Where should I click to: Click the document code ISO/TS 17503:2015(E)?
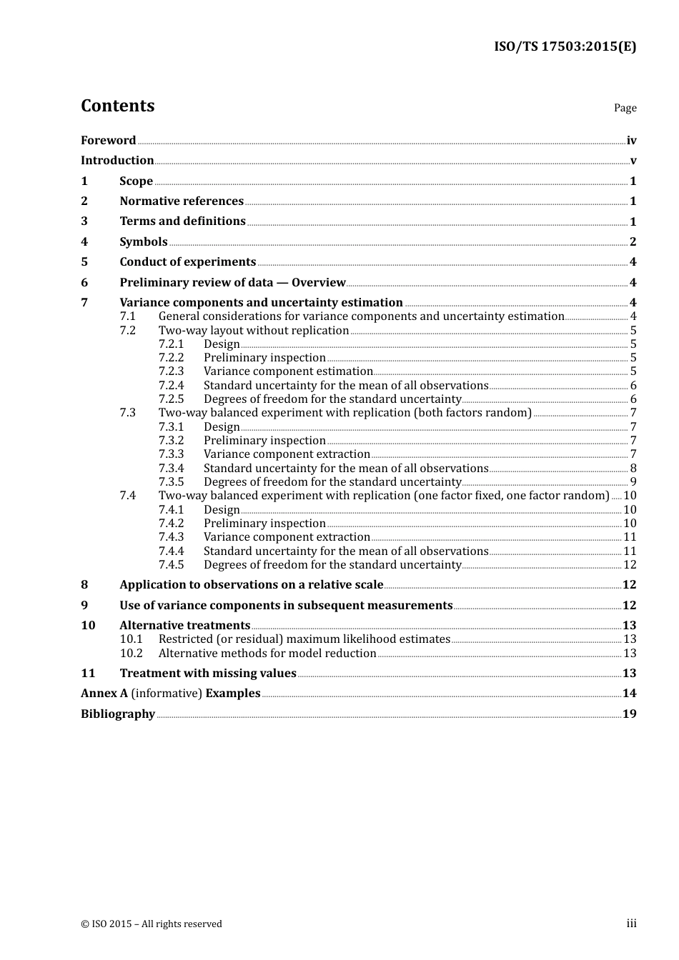tap(565, 46)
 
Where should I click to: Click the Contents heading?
tap(117, 106)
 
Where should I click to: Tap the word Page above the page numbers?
tap(625, 108)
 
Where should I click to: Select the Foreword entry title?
tap(108, 140)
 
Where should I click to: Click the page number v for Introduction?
tap(633, 161)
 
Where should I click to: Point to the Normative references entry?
tap(182, 201)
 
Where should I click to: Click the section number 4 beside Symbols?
tap(84, 241)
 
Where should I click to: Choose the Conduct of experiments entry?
tap(187, 262)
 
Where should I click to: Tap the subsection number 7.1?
tap(127, 316)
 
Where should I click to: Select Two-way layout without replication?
tap(254, 331)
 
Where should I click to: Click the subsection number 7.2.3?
tap(171, 371)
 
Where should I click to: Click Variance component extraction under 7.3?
tap(287, 454)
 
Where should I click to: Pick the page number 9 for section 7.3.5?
tap(633, 482)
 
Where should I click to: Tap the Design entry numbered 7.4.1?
tap(222, 510)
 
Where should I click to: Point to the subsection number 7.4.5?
tap(171, 565)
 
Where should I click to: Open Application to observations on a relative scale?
tap(251, 585)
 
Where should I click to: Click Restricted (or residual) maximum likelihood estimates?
tap(304, 639)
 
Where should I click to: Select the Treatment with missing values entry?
tap(208, 674)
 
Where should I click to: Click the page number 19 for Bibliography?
tap(629, 714)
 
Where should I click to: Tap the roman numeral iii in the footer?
tap(631, 924)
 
